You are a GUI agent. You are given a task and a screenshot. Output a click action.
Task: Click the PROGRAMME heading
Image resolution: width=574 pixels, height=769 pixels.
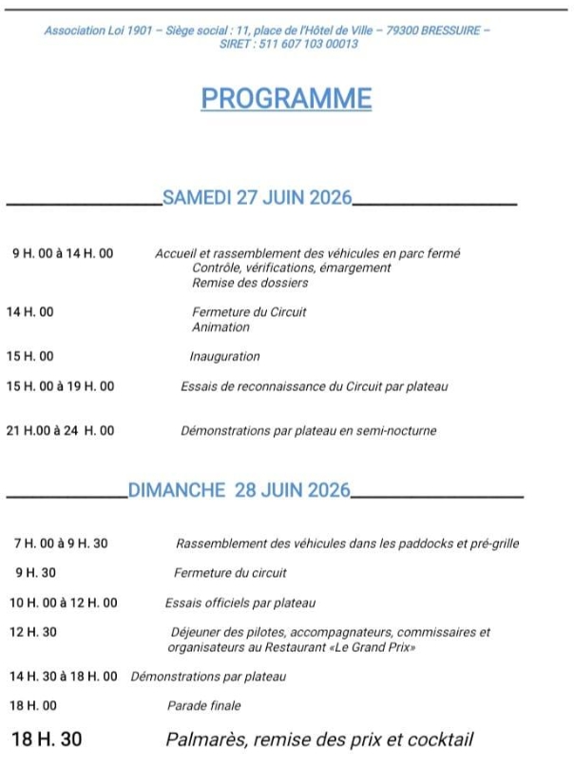286,99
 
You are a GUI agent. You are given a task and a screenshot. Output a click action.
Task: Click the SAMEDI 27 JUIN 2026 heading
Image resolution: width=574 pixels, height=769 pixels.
257,198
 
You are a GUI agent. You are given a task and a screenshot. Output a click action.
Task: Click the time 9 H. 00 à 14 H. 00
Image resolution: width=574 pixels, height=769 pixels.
62,254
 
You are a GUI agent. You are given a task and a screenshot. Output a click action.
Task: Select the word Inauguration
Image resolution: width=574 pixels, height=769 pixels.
224,357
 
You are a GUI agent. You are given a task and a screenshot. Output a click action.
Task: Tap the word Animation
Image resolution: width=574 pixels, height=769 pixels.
220,327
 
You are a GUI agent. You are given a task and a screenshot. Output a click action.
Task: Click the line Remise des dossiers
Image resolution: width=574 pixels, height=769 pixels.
250,283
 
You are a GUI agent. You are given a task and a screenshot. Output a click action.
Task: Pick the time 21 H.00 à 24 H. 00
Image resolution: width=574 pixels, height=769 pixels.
60,431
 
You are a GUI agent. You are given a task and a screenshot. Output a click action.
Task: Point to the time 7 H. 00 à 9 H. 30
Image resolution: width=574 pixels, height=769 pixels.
61,543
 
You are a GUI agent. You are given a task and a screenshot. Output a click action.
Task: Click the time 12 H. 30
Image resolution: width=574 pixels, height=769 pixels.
33,632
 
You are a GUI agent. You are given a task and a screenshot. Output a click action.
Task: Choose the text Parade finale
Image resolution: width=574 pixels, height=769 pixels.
203,706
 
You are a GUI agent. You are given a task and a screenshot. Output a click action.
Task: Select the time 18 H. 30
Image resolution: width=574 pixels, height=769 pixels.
47,739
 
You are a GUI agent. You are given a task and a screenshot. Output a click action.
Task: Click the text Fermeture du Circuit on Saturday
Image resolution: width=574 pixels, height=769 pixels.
249,312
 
